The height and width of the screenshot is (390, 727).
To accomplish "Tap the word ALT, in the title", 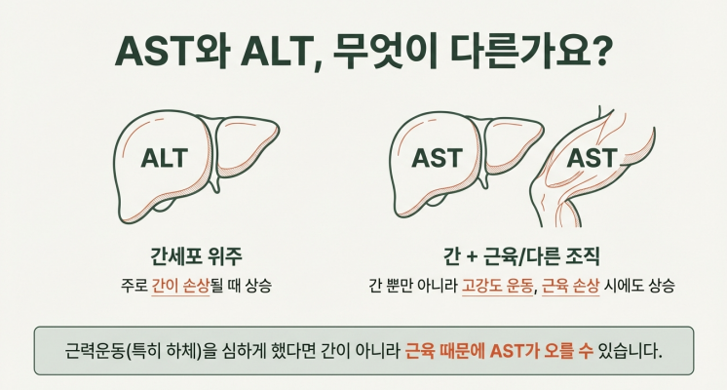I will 282,50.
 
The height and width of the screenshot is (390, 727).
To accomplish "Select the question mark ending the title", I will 601,50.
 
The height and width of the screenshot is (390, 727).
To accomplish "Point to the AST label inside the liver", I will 437,158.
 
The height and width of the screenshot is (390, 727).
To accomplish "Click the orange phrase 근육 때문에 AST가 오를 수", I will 499,350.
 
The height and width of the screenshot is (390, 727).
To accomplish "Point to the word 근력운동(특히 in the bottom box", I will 114,350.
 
